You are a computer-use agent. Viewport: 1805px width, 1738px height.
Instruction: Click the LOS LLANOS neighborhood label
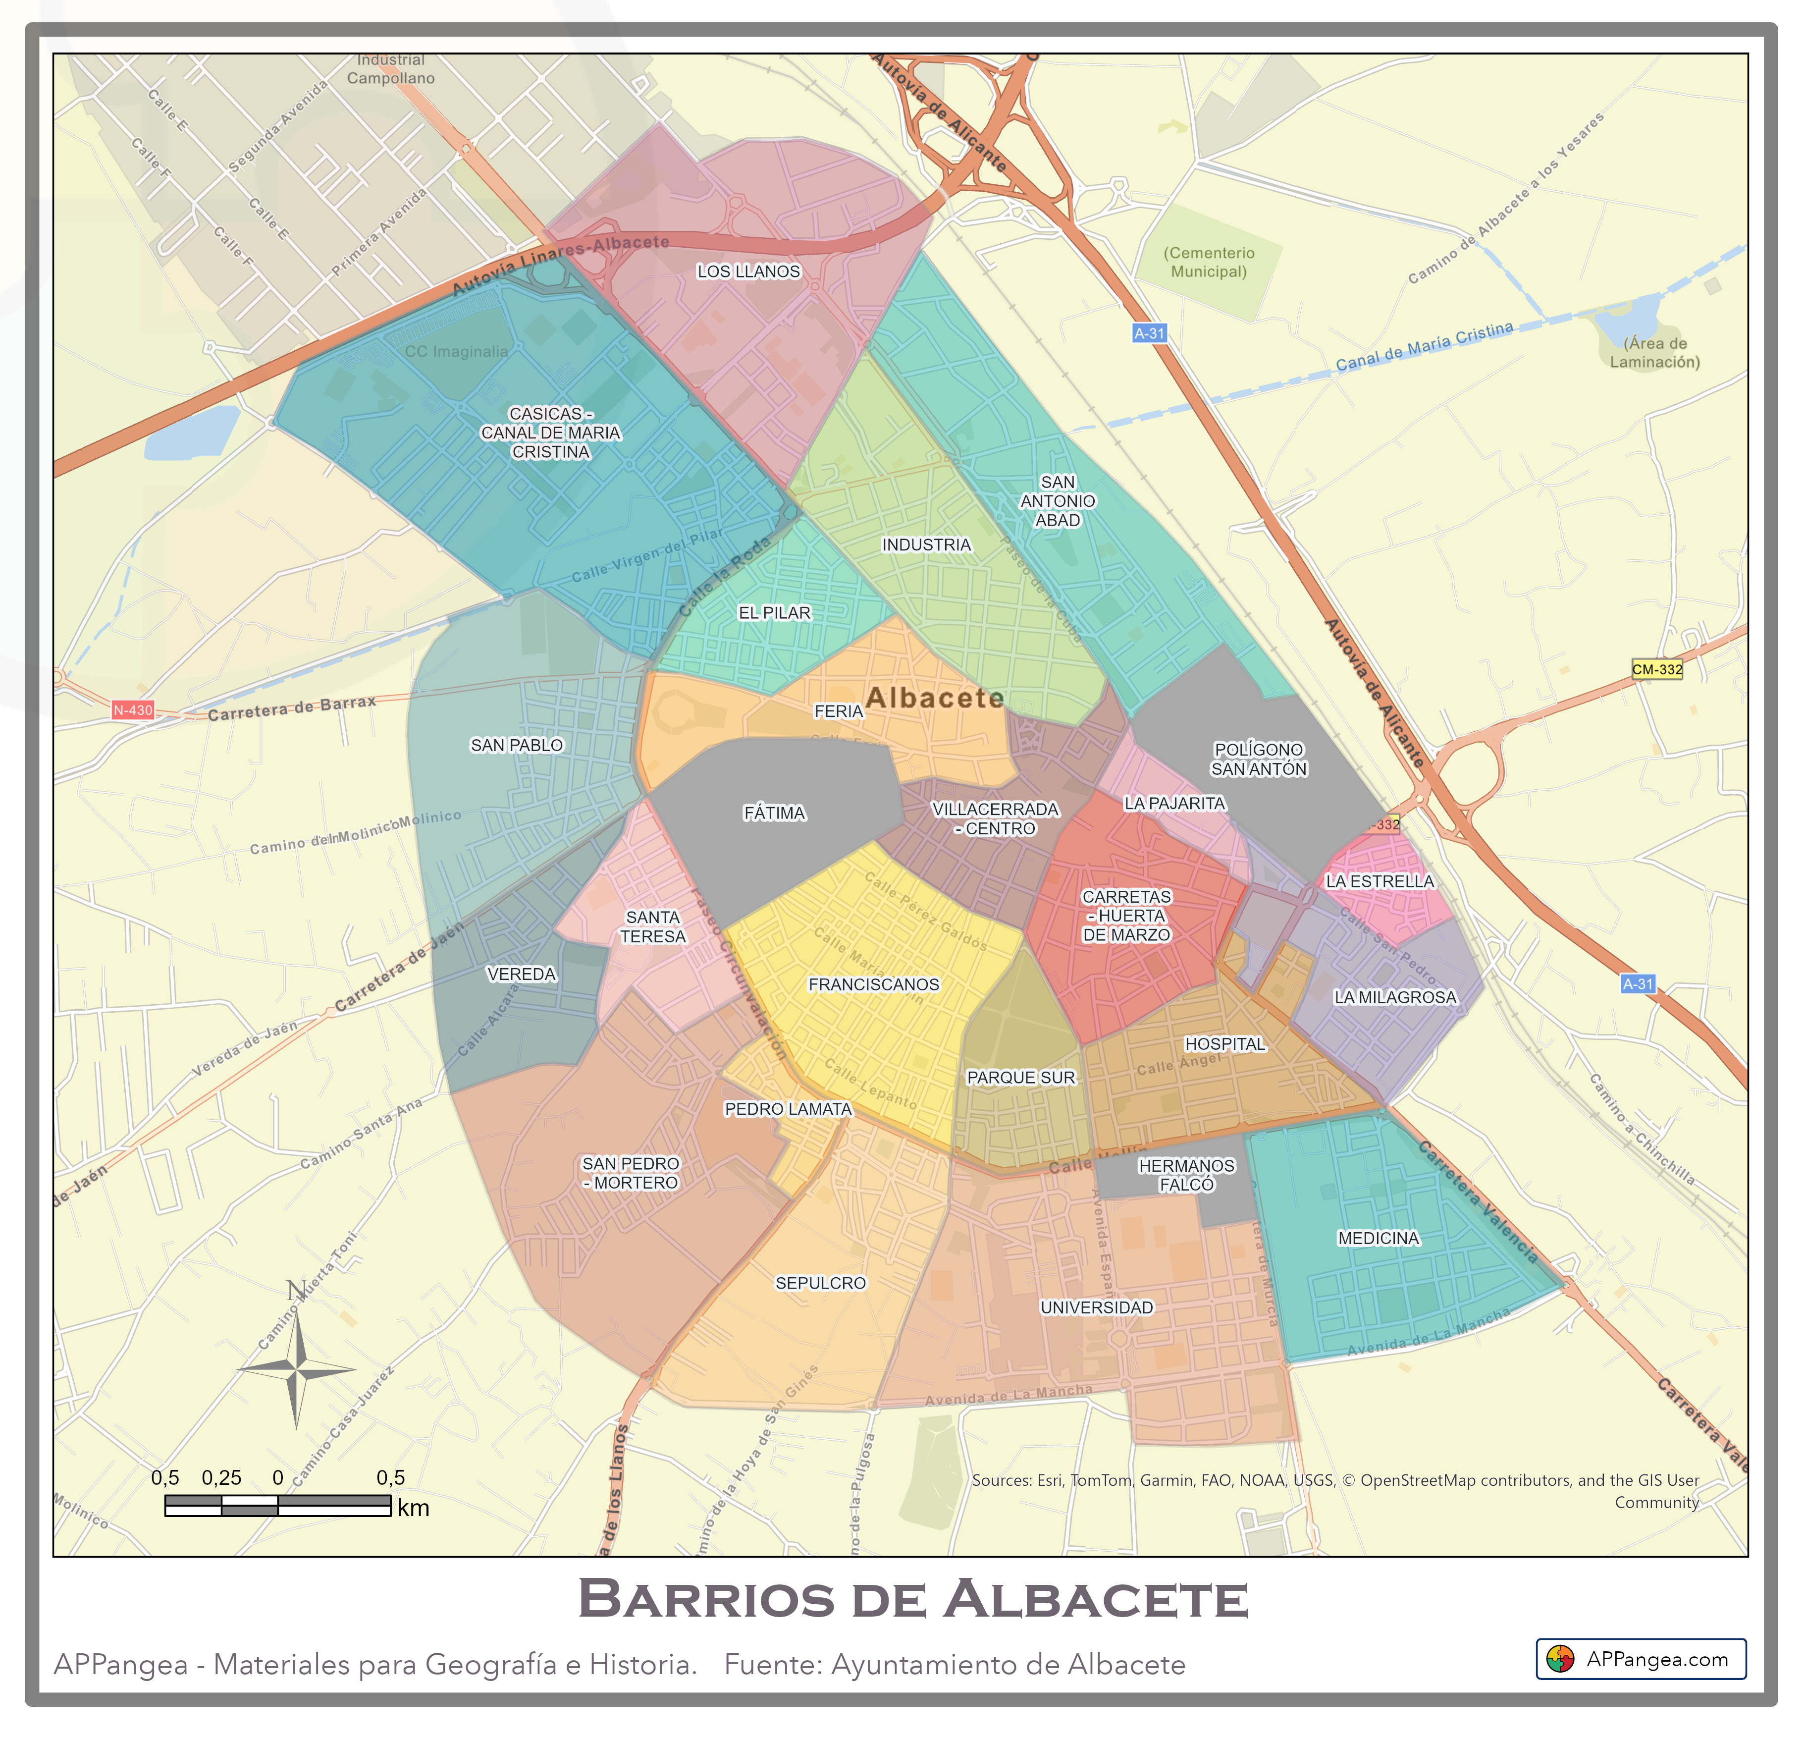(749, 272)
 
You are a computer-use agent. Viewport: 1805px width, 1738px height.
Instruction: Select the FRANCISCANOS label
(874, 984)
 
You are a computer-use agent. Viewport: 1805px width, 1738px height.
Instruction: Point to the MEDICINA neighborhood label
(1379, 1239)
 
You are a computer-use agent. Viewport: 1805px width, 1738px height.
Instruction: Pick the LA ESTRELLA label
(1380, 881)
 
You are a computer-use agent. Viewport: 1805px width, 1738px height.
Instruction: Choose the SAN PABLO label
(517, 745)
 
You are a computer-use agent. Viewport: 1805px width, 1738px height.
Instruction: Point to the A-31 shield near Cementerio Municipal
(1149, 333)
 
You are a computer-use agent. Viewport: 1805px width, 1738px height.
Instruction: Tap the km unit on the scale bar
(414, 1508)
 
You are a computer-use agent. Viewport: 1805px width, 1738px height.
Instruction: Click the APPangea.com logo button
(1641, 1660)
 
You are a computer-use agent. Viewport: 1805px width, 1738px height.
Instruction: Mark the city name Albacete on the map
(935, 698)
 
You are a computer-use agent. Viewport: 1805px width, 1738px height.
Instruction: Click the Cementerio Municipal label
(1209, 263)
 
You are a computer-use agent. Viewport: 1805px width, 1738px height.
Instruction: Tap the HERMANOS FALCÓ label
(1186, 1175)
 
